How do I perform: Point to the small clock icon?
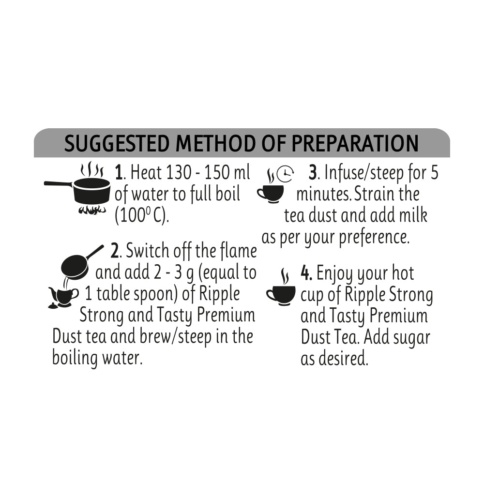[286, 175]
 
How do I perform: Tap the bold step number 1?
[119, 173]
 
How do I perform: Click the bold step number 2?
[115, 252]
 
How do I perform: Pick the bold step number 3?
[313, 173]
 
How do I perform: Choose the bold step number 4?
[305, 273]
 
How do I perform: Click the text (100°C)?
[142, 216]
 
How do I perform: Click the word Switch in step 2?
[147, 252]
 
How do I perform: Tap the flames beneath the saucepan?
[92, 210]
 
